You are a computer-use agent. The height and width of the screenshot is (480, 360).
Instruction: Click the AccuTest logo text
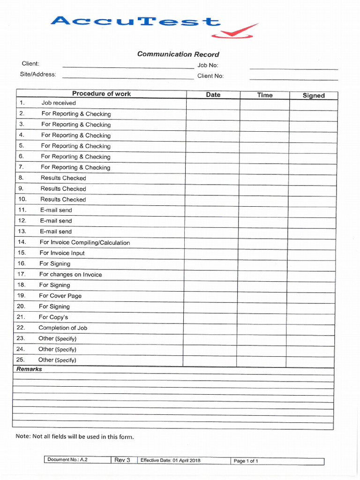click(135, 22)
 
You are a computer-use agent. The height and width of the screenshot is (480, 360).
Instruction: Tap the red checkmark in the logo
click(234, 31)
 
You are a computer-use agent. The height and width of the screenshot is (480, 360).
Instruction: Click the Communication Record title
click(178, 54)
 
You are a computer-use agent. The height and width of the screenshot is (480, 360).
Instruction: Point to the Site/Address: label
click(38, 74)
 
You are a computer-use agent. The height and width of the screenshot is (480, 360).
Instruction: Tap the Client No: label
click(210, 75)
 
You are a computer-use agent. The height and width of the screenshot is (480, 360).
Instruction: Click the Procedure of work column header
click(101, 94)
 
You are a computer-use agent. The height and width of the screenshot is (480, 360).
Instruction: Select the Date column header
click(213, 95)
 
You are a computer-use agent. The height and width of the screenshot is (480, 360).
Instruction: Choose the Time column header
click(264, 95)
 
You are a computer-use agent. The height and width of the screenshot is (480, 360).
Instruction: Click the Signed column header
click(313, 95)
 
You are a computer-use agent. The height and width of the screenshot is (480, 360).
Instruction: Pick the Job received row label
click(59, 103)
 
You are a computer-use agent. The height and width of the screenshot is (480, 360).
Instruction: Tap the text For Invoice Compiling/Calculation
click(85, 242)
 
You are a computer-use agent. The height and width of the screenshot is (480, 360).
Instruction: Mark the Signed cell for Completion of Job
click(311, 328)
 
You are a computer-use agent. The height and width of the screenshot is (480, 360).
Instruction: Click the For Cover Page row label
click(60, 296)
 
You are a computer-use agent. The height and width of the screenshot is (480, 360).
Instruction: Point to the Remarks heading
click(29, 369)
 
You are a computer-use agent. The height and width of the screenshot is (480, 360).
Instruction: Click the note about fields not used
click(75, 436)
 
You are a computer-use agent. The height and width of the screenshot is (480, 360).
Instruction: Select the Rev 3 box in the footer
click(122, 460)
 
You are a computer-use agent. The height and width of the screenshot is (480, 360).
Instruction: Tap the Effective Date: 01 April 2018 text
click(170, 460)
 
